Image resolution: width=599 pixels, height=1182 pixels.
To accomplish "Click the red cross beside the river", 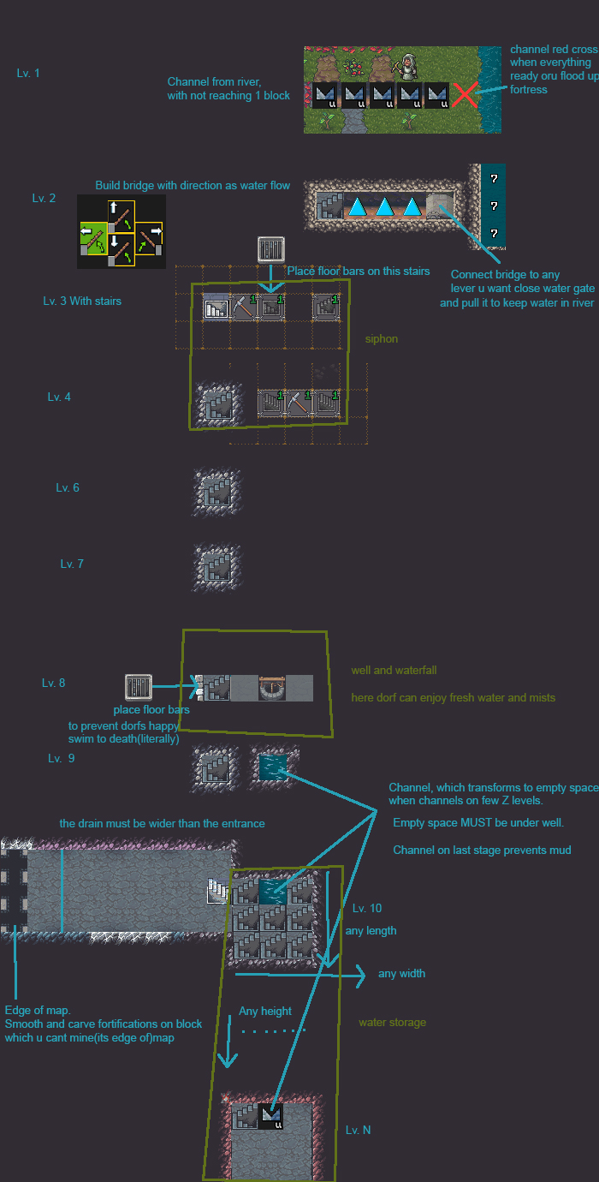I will click(x=464, y=94).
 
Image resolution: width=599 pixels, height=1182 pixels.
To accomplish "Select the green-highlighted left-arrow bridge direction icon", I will click(x=92, y=232).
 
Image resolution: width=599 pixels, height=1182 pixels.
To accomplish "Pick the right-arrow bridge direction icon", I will click(x=151, y=232).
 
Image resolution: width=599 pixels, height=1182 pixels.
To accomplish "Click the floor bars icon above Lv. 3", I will click(x=271, y=250).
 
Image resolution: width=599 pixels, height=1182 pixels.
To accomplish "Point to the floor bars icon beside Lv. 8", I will click(x=138, y=687).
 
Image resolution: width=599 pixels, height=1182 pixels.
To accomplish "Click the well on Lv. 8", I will click(x=271, y=688).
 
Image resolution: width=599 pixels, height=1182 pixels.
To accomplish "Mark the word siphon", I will click(x=381, y=339).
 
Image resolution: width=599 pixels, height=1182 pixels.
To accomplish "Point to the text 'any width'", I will click(x=401, y=974).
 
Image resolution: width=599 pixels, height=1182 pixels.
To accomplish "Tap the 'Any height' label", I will click(x=265, y=1012).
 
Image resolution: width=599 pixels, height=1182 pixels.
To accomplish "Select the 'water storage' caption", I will click(x=392, y=1023).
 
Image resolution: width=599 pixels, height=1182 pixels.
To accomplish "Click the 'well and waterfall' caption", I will click(x=394, y=671).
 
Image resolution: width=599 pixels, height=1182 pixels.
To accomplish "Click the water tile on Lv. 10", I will click(x=274, y=892).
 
